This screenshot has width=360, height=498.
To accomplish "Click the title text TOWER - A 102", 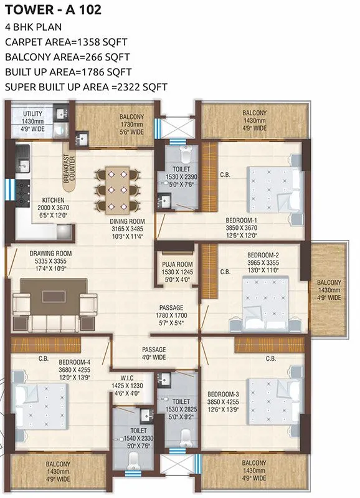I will (45, 10).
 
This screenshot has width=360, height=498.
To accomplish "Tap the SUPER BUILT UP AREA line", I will (86, 87).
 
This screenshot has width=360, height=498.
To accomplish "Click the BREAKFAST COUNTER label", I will (70, 168).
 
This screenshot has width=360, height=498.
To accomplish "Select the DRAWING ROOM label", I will (51, 253).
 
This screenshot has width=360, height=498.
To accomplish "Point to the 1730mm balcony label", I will (132, 123).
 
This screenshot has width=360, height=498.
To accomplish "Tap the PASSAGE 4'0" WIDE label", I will (154, 353).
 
